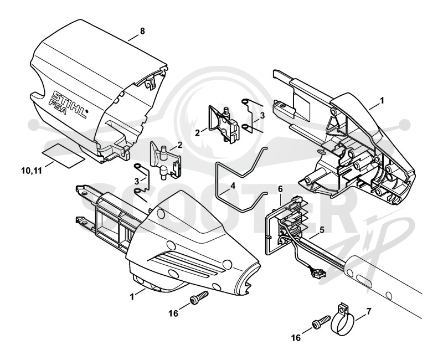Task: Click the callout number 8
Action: click(x=142, y=31)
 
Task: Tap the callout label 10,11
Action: click(x=32, y=171)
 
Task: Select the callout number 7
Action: click(x=368, y=311)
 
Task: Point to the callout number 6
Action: click(x=280, y=189)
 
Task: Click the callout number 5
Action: click(x=321, y=230)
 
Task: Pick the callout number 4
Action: click(x=233, y=186)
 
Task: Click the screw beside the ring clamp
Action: click(x=321, y=322)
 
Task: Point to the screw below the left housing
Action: click(x=199, y=298)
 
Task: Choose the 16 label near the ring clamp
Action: click(x=296, y=338)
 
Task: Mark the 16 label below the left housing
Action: click(x=173, y=313)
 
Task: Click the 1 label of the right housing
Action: click(x=382, y=101)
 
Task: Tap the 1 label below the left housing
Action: click(x=132, y=297)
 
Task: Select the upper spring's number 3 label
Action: click(x=262, y=115)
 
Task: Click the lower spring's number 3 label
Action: click(x=136, y=181)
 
